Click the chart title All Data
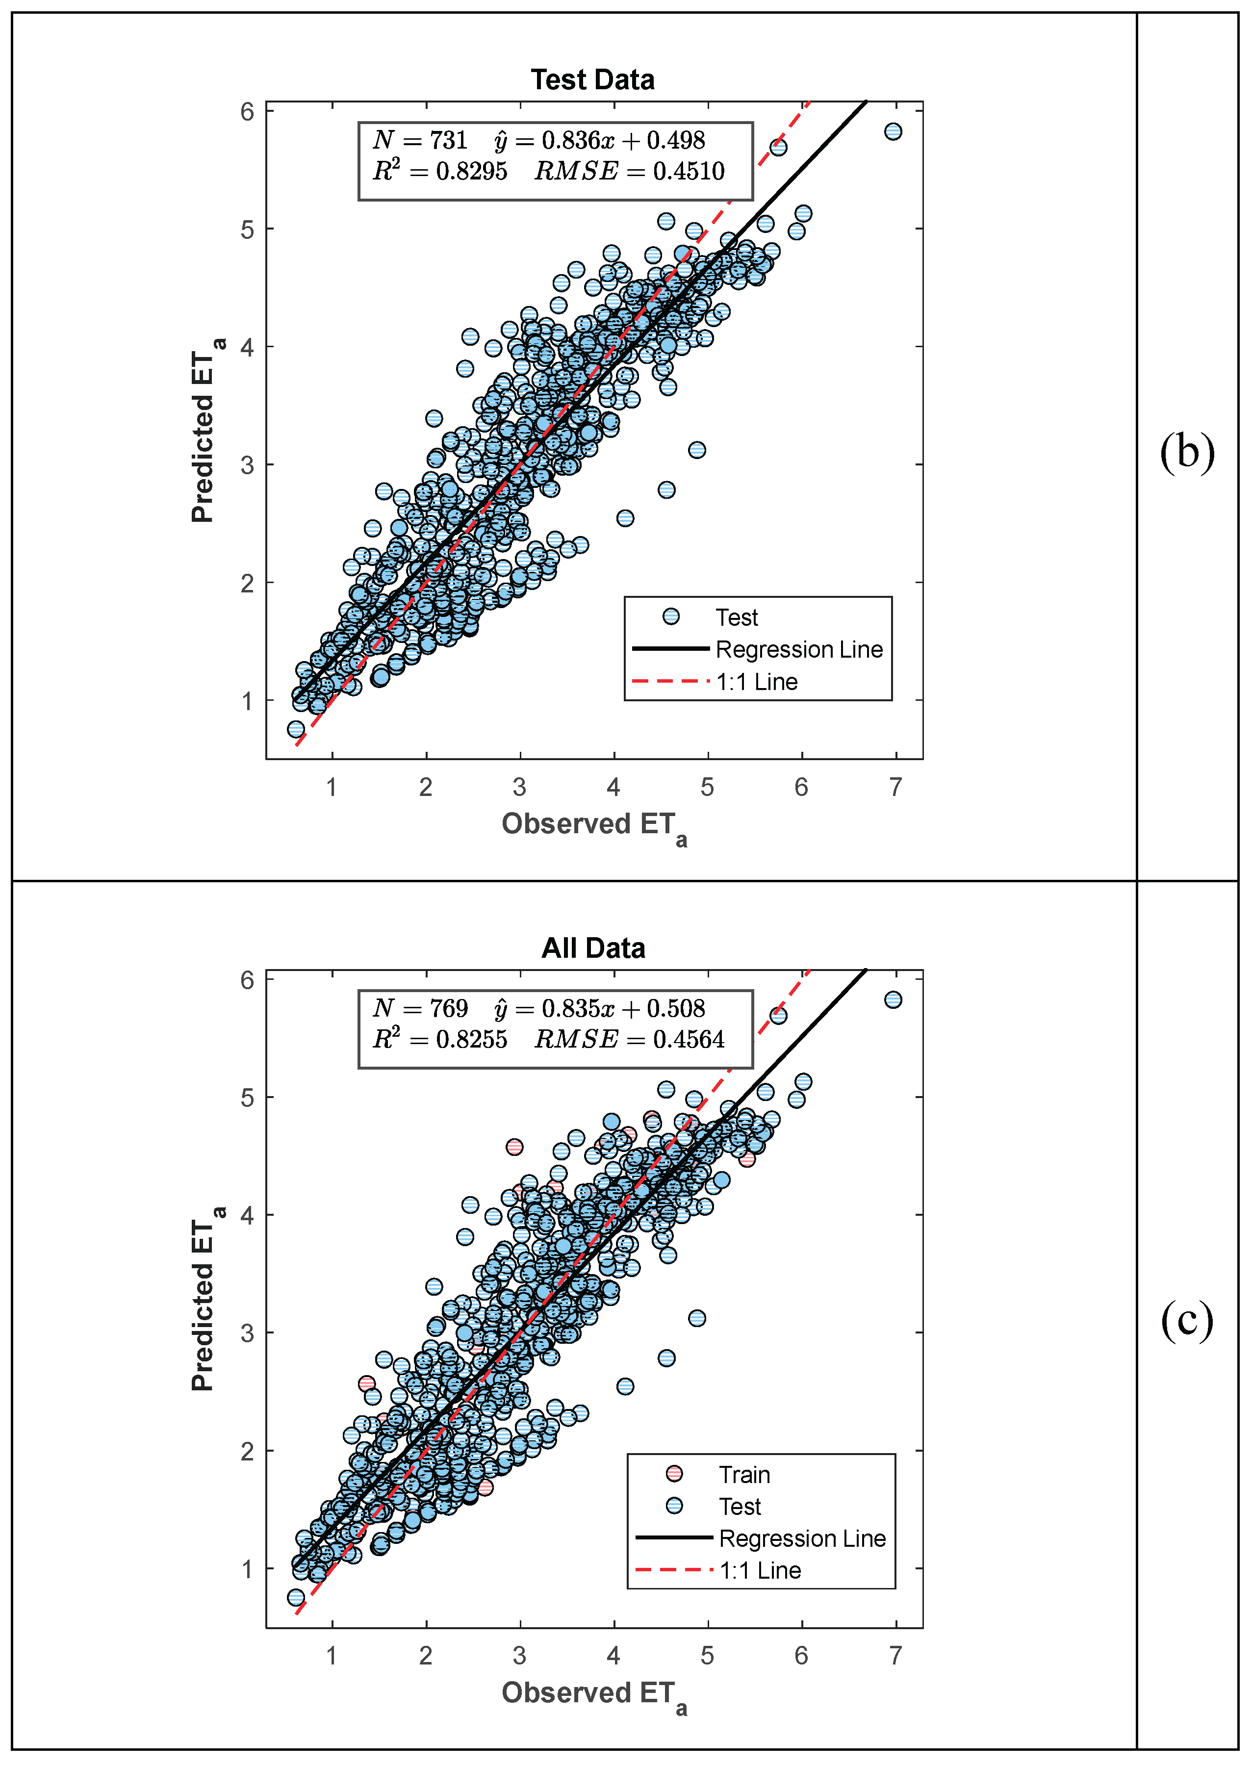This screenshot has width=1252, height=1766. (593, 948)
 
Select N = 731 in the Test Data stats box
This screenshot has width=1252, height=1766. (420, 140)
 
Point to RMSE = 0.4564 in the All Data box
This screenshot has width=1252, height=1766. (629, 1040)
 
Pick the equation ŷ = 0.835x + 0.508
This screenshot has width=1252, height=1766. (599, 1008)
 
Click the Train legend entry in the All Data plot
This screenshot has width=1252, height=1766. (744, 1475)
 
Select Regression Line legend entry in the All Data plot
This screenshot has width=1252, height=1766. (802, 1538)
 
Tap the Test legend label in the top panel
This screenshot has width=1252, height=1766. (736, 617)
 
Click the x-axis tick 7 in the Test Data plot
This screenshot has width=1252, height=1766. (895, 787)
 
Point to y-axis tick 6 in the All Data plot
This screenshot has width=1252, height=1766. (247, 980)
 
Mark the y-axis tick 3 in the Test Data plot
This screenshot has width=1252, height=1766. (247, 465)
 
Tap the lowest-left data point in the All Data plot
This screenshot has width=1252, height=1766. (295, 1597)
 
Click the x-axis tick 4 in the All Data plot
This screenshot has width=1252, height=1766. (613, 1655)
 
